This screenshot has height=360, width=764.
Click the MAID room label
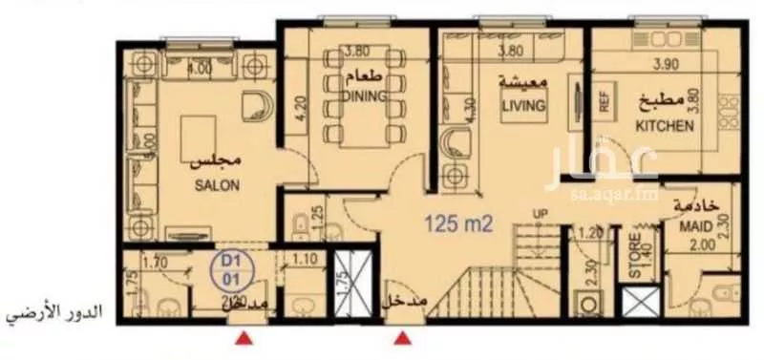(694, 229)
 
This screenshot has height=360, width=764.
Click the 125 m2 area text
(458, 225)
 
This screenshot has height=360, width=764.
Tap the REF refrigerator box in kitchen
(605, 102)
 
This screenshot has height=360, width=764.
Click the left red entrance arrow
(245, 336)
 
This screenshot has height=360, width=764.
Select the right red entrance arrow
(405, 336)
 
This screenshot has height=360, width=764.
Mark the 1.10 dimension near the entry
(305, 258)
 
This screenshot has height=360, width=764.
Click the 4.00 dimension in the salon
(199, 69)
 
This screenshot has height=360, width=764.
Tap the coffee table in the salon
(201, 130)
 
